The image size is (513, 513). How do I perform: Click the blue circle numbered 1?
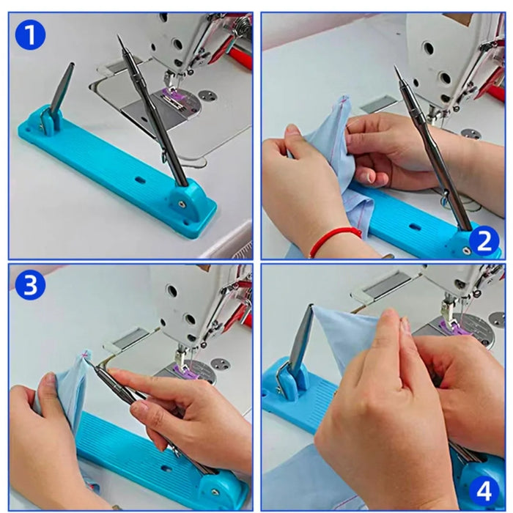click(x=30, y=34)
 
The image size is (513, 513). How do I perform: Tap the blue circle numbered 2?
click(x=484, y=241)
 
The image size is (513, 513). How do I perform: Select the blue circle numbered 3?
click(x=30, y=284)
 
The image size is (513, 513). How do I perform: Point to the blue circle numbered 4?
click(x=484, y=491)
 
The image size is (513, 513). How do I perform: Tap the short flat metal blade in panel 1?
click(x=63, y=86)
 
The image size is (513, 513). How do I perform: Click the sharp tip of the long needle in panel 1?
click(x=119, y=36)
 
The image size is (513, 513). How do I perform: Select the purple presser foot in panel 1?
click(x=171, y=94)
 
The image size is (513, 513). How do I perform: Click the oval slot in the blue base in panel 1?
click(x=141, y=180)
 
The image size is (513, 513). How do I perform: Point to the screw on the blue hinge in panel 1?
click(x=180, y=204)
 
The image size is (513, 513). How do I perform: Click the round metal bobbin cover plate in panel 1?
click(x=208, y=96)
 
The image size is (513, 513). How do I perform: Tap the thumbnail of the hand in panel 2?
click(x=369, y=177)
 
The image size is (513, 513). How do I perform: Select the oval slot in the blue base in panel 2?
click(x=415, y=226)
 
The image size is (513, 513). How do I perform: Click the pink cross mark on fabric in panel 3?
click(x=86, y=354)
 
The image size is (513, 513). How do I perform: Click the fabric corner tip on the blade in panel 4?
click(x=312, y=306)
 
